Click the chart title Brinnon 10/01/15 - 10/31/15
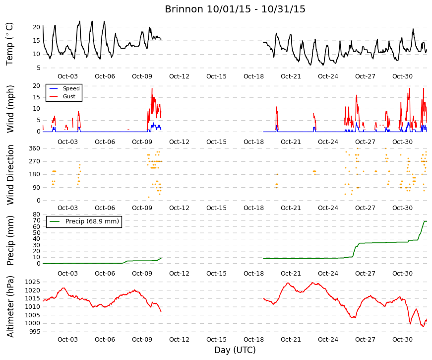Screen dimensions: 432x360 [235, 9]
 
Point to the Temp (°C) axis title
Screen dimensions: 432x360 [9, 44]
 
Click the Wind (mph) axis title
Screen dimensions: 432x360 [10, 109]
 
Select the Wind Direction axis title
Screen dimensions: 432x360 [10, 175]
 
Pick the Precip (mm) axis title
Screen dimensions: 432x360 [10, 240]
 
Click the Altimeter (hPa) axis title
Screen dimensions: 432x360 [10, 306]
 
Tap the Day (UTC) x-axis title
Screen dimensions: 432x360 [235, 350]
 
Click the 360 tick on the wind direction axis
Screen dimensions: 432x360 [35, 148]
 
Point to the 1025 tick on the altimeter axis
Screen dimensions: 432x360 [33, 282]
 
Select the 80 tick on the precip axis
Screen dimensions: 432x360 [37, 215]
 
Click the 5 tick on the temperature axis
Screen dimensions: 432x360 [38, 68]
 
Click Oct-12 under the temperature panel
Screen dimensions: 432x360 [180, 76]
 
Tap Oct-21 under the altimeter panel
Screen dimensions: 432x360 [291, 340]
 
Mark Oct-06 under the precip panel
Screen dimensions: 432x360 [105, 274]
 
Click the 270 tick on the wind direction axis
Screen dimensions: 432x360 [35, 161]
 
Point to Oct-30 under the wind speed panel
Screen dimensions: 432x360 [403, 142]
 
